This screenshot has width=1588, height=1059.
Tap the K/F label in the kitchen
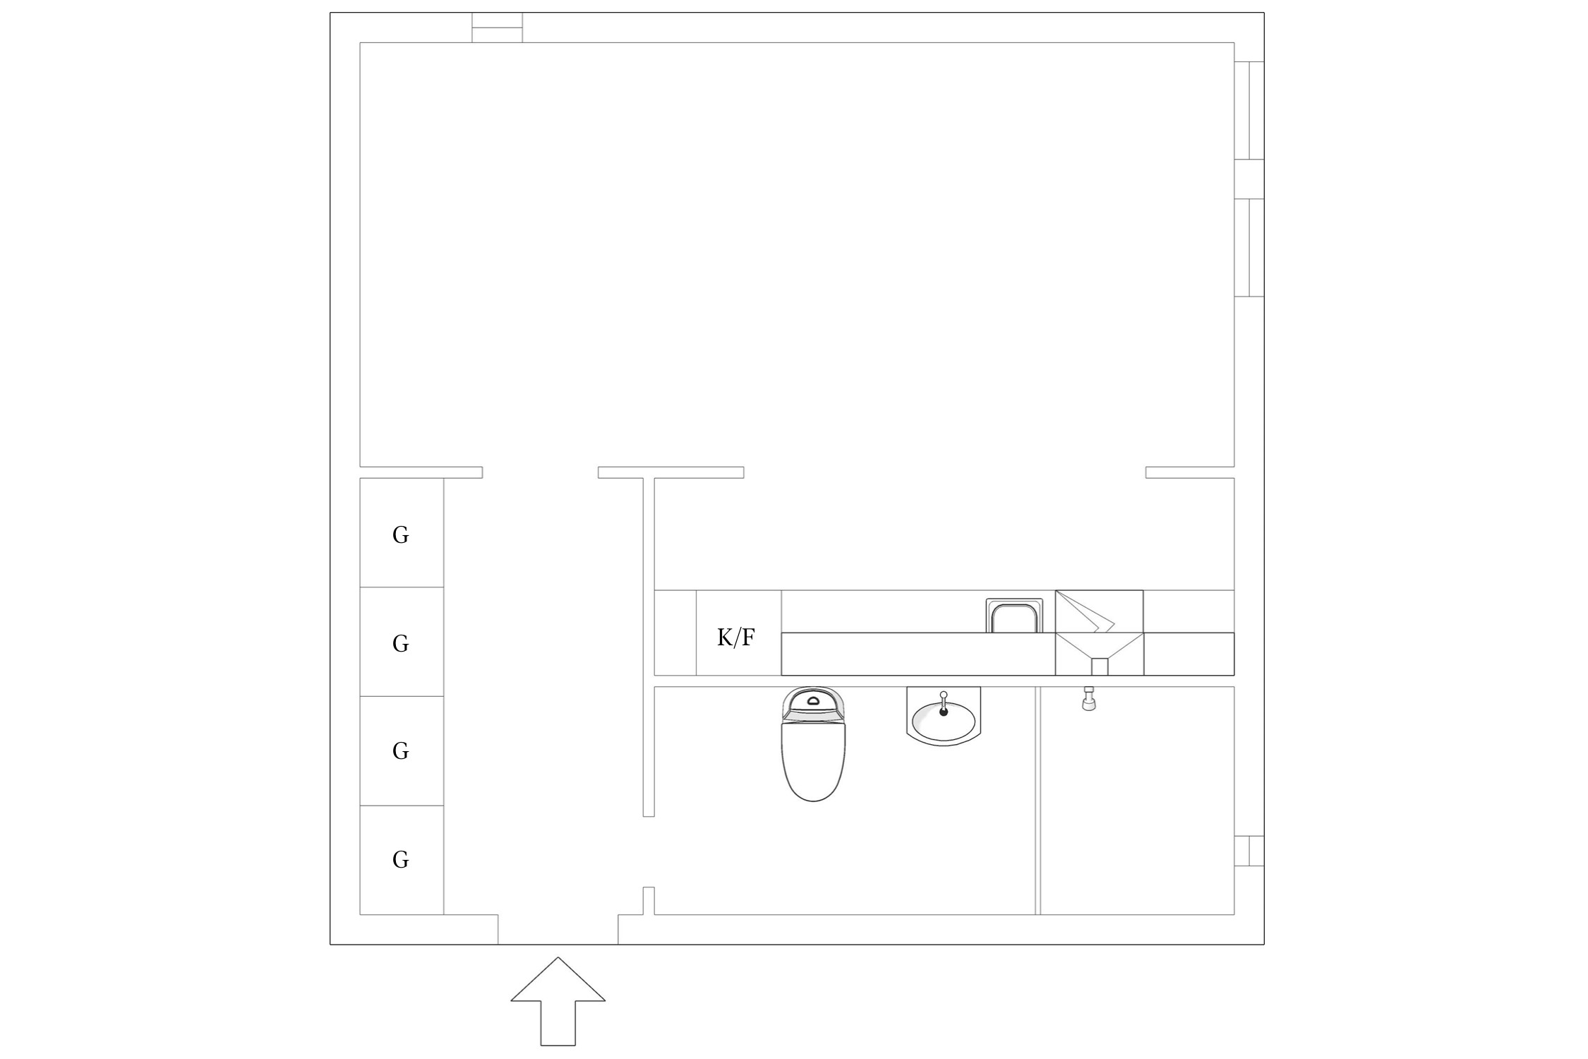coord(736,638)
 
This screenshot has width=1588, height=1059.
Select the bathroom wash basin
coord(944,720)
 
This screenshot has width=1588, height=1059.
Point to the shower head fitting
coord(1088,700)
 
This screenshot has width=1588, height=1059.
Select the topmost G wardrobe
coord(401,535)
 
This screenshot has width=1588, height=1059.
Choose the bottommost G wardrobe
coord(401,859)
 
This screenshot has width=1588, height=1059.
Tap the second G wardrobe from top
coord(401,642)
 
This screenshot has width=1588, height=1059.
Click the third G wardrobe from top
coord(401,750)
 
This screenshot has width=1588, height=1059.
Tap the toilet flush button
coord(814,701)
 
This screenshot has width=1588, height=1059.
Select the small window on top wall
coord(497,28)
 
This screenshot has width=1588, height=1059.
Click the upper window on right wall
coord(1249,110)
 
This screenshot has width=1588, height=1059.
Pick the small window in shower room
coord(1249,851)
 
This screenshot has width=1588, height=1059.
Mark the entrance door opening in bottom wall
coord(558,929)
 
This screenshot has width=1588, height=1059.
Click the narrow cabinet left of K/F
coord(675,633)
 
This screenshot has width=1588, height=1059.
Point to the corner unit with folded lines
coord(1099,611)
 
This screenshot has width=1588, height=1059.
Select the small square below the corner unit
coord(1099,666)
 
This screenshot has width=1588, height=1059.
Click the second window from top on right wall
coord(1249,248)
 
